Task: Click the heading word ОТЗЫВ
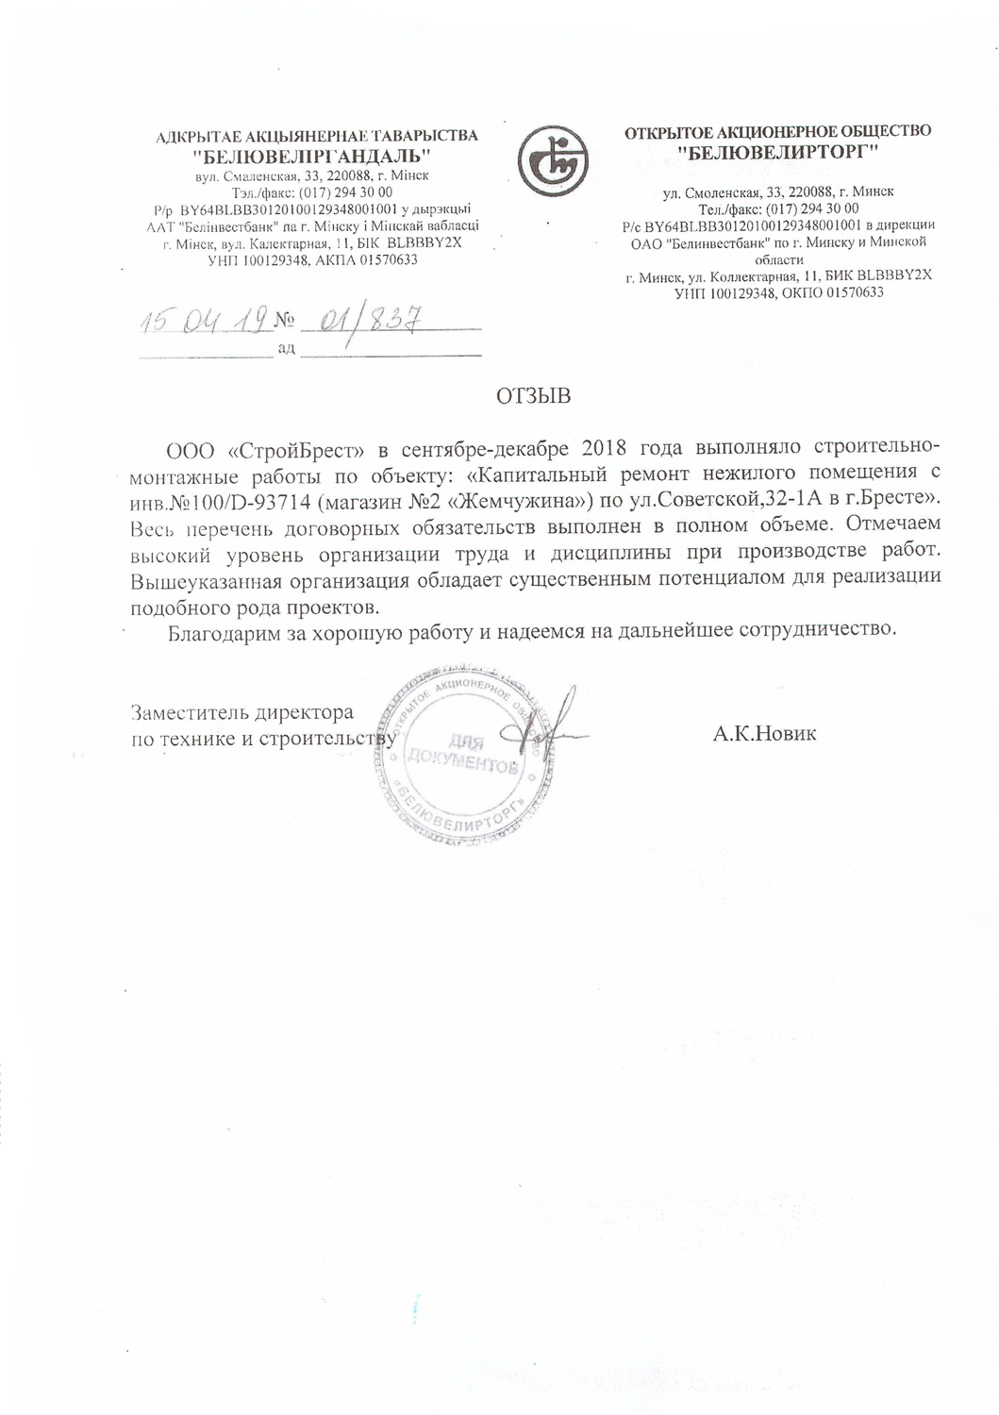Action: [534, 396]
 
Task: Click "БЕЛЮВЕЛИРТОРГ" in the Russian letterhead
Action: [779, 151]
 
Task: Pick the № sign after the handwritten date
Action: [285, 322]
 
